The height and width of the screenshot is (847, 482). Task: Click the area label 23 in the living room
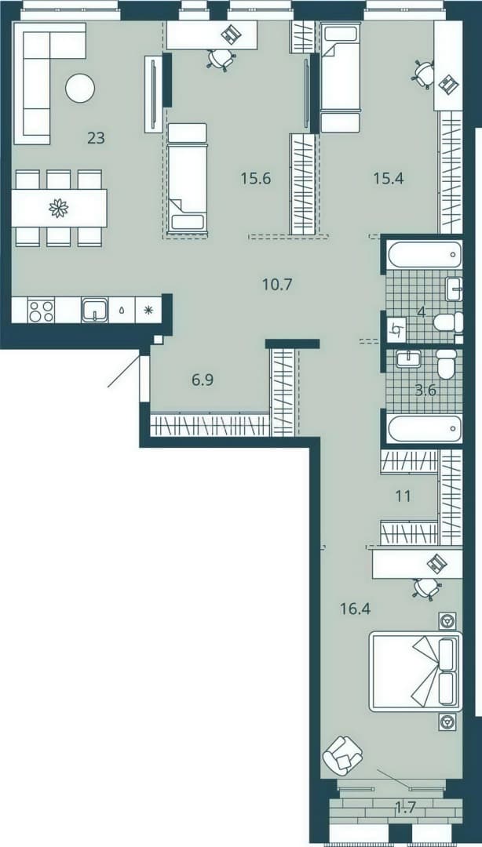[96, 138]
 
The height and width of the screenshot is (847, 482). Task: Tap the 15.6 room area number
[255, 178]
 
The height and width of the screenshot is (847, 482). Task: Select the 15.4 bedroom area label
[389, 177]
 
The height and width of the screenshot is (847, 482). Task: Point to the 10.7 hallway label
[277, 284]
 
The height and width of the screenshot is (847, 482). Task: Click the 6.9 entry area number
[203, 380]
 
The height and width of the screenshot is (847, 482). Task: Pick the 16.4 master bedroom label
[355, 609]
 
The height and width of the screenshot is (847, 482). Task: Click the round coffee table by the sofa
[80, 88]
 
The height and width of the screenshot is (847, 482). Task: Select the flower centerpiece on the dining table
[57, 207]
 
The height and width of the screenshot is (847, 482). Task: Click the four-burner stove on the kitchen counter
[41, 311]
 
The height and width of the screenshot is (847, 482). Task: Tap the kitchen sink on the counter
[95, 311]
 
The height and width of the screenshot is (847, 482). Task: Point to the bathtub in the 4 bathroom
[424, 254]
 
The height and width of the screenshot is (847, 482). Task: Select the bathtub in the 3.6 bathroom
[424, 429]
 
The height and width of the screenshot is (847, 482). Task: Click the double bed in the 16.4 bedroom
[415, 671]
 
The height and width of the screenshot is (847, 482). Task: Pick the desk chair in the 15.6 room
[221, 59]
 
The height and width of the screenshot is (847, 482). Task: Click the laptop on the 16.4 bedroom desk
[437, 565]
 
